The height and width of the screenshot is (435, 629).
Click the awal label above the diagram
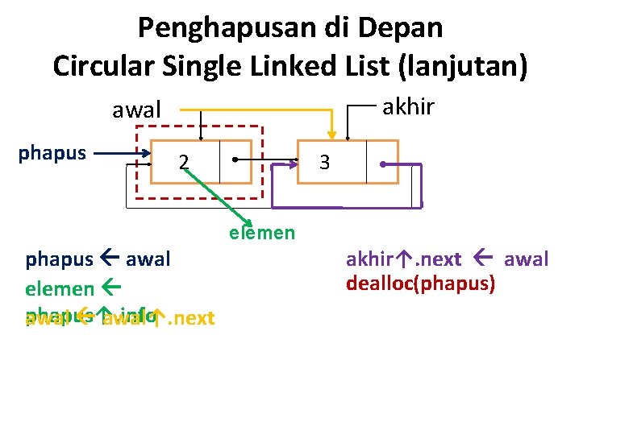point(137,110)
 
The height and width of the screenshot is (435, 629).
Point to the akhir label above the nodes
point(407,106)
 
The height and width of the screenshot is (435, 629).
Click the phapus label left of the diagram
point(52,152)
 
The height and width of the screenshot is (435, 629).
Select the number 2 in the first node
point(185,162)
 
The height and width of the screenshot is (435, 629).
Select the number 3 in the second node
point(324,162)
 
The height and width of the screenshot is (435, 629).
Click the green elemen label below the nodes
point(262,233)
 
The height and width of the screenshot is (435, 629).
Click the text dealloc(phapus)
point(421,284)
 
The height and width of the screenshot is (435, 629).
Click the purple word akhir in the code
point(369,259)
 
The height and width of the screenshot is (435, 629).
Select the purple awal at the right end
point(526,259)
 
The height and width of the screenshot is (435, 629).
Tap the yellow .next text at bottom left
point(190,317)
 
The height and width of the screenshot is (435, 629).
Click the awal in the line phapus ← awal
point(148,259)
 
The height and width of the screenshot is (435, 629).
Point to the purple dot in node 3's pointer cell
point(383,164)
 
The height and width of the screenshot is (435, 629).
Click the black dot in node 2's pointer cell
point(234,159)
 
